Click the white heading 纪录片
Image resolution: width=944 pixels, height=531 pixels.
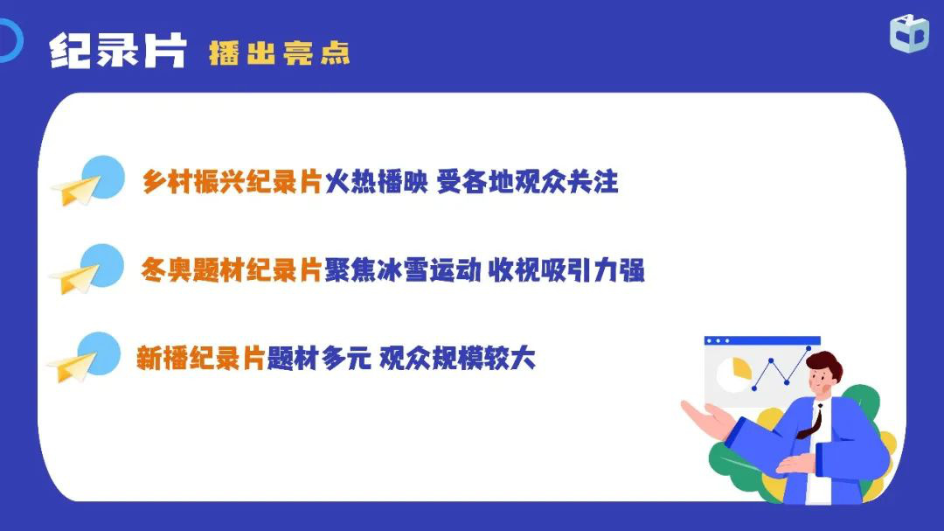(x=118, y=51)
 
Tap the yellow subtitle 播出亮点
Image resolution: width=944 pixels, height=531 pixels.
(x=280, y=53)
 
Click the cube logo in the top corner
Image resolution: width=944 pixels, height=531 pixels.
(x=909, y=34)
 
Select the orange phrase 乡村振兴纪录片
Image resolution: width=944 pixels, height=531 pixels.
(x=233, y=181)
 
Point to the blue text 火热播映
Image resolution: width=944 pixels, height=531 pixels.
(x=376, y=181)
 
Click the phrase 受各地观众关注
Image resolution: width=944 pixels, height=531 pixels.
(x=528, y=181)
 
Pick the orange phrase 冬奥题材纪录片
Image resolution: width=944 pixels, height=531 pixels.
(x=231, y=270)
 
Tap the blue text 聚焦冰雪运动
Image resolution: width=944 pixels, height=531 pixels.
(x=403, y=270)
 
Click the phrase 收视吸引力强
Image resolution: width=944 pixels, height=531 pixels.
(x=566, y=270)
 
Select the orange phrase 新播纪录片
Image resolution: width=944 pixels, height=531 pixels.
(x=201, y=358)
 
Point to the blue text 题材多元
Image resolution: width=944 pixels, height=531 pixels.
(x=319, y=358)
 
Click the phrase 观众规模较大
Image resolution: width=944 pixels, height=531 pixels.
(x=457, y=358)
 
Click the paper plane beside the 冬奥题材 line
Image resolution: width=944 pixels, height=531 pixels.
(x=74, y=279)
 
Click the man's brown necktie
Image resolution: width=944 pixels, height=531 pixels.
(x=811, y=422)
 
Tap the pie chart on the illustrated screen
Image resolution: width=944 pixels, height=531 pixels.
(x=734, y=374)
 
